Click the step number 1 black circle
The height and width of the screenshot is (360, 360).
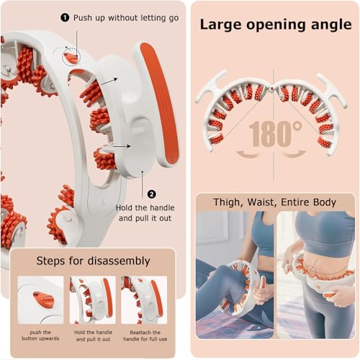[65, 17]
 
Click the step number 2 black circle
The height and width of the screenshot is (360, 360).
[151, 194]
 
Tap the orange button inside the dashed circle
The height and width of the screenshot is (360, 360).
[71, 58]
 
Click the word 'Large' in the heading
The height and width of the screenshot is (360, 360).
[220, 25]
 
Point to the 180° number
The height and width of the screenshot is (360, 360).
[275, 133]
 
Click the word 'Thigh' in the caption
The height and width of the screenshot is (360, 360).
[227, 202]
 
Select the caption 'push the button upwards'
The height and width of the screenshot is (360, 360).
[40, 336]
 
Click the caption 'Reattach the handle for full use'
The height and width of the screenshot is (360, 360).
[145, 336]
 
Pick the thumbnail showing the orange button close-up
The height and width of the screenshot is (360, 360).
[40, 300]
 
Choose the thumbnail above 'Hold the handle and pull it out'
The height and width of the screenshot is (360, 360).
[93, 300]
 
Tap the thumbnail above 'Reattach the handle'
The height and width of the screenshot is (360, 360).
[144, 300]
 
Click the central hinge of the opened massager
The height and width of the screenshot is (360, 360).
[271, 89]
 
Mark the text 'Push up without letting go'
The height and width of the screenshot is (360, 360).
[126, 18]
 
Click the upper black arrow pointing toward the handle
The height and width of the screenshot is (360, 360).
[109, 81]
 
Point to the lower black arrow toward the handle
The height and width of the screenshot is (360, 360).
[122, 146]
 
